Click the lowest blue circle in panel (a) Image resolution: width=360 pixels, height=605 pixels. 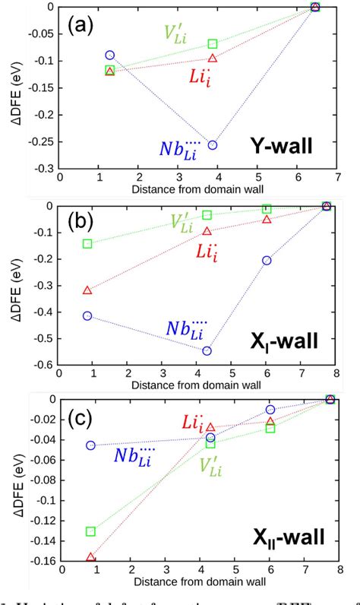[x=213, y=145]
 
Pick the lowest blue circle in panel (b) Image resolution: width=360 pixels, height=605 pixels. [x=207, y=350]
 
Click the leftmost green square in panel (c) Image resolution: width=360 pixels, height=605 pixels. [x=91, y=531]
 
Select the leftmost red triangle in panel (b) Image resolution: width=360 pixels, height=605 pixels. [x=87, y=290]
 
